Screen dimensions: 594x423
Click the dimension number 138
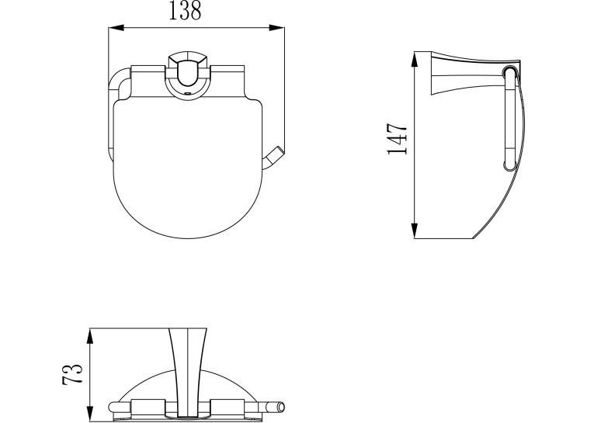tap(185, 11)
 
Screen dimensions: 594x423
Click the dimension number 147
tap(398, 139)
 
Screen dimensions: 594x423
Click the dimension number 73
tap(72, 375)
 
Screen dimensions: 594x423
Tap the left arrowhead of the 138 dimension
tap(116, 28)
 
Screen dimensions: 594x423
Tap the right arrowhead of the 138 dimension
tap(276, 28)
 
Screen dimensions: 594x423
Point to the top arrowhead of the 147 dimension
tap(415, 60)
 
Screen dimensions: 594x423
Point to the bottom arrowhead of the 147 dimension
tap(415, 231)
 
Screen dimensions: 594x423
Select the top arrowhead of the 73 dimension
tap(90, 336)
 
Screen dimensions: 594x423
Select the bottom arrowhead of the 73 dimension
tap(90, 414)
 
